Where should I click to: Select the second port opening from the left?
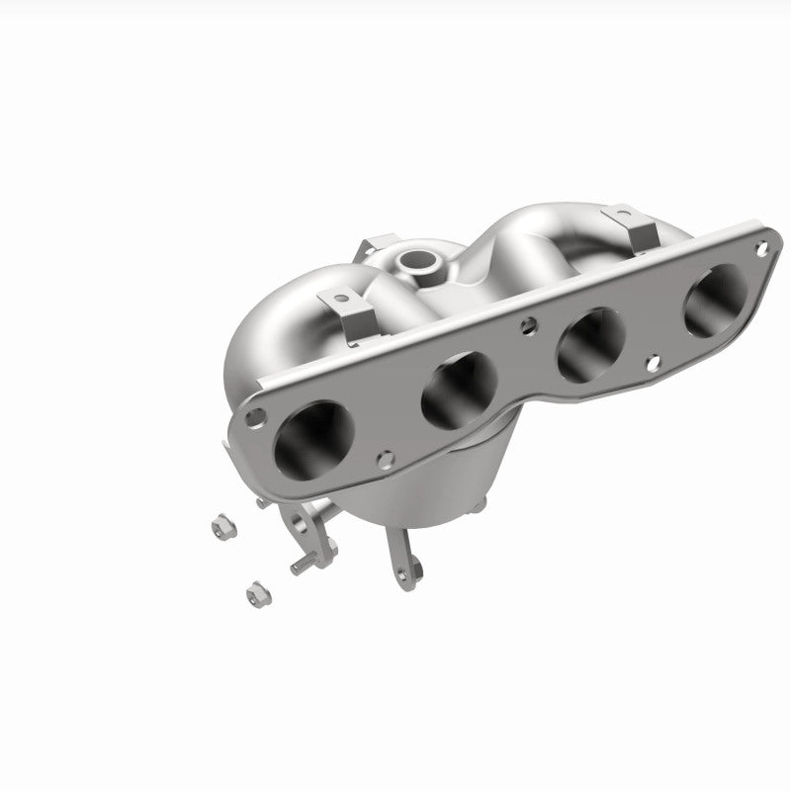(458, 384)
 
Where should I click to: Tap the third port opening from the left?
(591, 343)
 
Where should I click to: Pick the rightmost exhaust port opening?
(718, 298)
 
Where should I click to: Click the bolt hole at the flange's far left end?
(255, 417)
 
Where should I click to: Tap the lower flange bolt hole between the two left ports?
(386, 458)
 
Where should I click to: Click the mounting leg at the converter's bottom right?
(406, 563)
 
